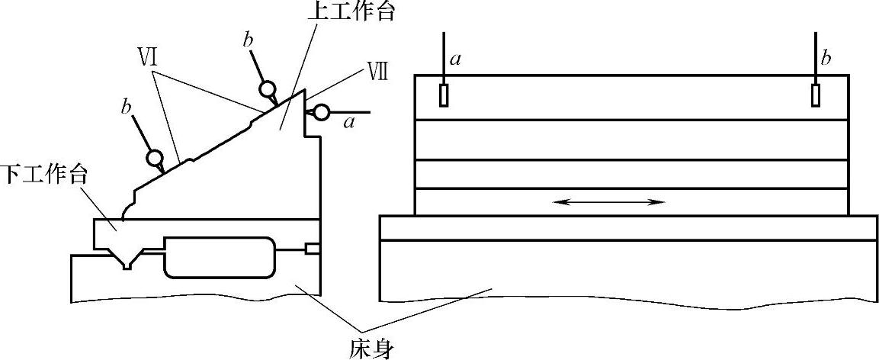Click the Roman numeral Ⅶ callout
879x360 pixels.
click(x=377, y=73)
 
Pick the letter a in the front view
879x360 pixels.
click(x=455, y=59)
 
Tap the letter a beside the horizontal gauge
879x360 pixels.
click(x=349, y=121)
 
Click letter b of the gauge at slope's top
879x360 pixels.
click(x=249, y=41)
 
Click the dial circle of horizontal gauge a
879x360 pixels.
click(x=321, y=112)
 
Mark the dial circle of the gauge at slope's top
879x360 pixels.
click(x=268, y=90)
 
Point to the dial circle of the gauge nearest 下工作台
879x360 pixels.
click(x=156, y=159)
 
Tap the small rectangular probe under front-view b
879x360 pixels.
click(x=816, y=95)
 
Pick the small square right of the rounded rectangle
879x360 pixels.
click(x=312, y=249)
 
